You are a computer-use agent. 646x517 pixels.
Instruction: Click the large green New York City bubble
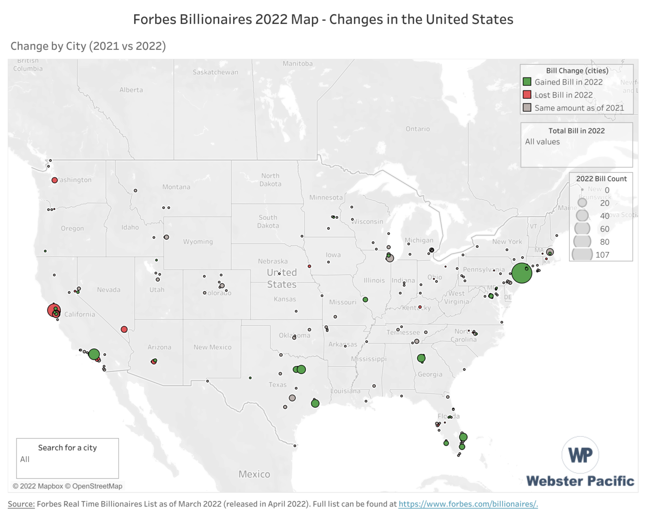coord(521,273)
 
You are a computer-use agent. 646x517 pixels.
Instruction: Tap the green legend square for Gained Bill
coord(527,82)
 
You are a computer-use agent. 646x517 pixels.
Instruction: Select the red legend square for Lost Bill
coord(527,95)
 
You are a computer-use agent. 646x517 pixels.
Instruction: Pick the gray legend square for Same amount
coord(527,108)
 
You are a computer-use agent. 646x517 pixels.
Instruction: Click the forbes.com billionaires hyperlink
coord(468,504)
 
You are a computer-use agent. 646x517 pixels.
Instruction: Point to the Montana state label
coord(176,187)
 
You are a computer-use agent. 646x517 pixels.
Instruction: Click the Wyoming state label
coord(198,241)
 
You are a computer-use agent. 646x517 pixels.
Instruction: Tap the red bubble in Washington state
coord(54,180)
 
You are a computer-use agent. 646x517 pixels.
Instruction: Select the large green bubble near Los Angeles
coord(94,354)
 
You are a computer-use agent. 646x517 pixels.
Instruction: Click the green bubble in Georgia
coord(421,358)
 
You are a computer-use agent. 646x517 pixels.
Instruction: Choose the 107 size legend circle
coord(582,254)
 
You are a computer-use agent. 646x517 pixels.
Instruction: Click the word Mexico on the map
coord(254,474)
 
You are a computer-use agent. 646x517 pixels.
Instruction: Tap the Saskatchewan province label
coord(215,72)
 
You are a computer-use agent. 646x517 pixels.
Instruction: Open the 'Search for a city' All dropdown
coord(67,460)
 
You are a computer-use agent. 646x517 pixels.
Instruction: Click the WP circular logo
coord(580,455)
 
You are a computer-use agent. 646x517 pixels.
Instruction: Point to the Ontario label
coord(418,129)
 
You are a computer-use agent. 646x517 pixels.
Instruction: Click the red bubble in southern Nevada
coord(124,329)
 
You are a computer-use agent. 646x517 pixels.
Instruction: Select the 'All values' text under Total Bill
coord(543,142)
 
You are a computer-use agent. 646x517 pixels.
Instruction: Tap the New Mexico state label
coord(212,347)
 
